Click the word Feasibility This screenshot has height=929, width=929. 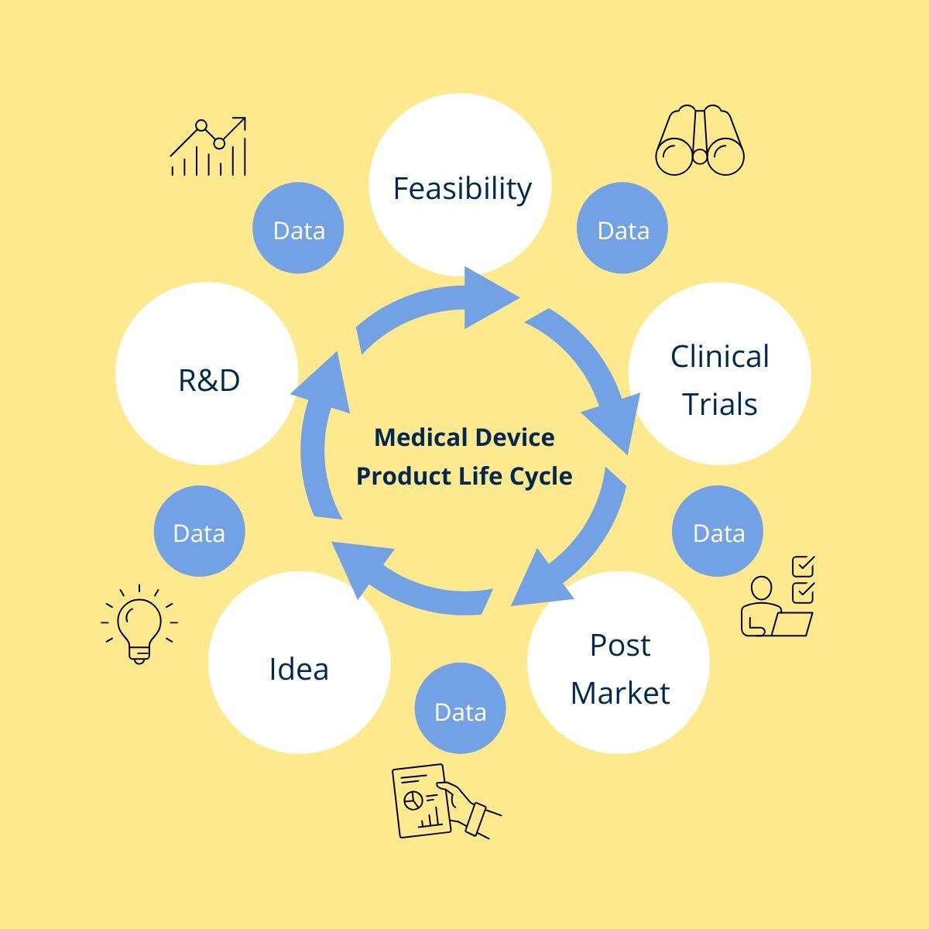pyautogui.click(x=462, y=188)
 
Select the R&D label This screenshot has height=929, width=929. pyautogui.click(x=209, y=380)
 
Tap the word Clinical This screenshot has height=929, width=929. pyautogui.click(x=719, y=356)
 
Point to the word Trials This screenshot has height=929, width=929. pyautogui.click(x=719, y=404)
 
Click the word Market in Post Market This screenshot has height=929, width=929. pyautogui.click(x=619, y=692)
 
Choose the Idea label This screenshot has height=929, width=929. pyautogui.click(x=299, y=669)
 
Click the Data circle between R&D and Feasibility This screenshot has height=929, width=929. pyautogui.click(x=299, y=229)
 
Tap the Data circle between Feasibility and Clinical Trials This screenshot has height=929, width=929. pyautogui.click(x=622, y=229)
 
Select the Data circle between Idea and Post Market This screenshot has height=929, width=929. pyautogui.click(x=460, y=711)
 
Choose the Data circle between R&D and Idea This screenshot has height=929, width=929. pyautogui.click(x=199, y=532)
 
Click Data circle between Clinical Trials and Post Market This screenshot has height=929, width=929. pyautogui.click(x=718, y=532)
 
